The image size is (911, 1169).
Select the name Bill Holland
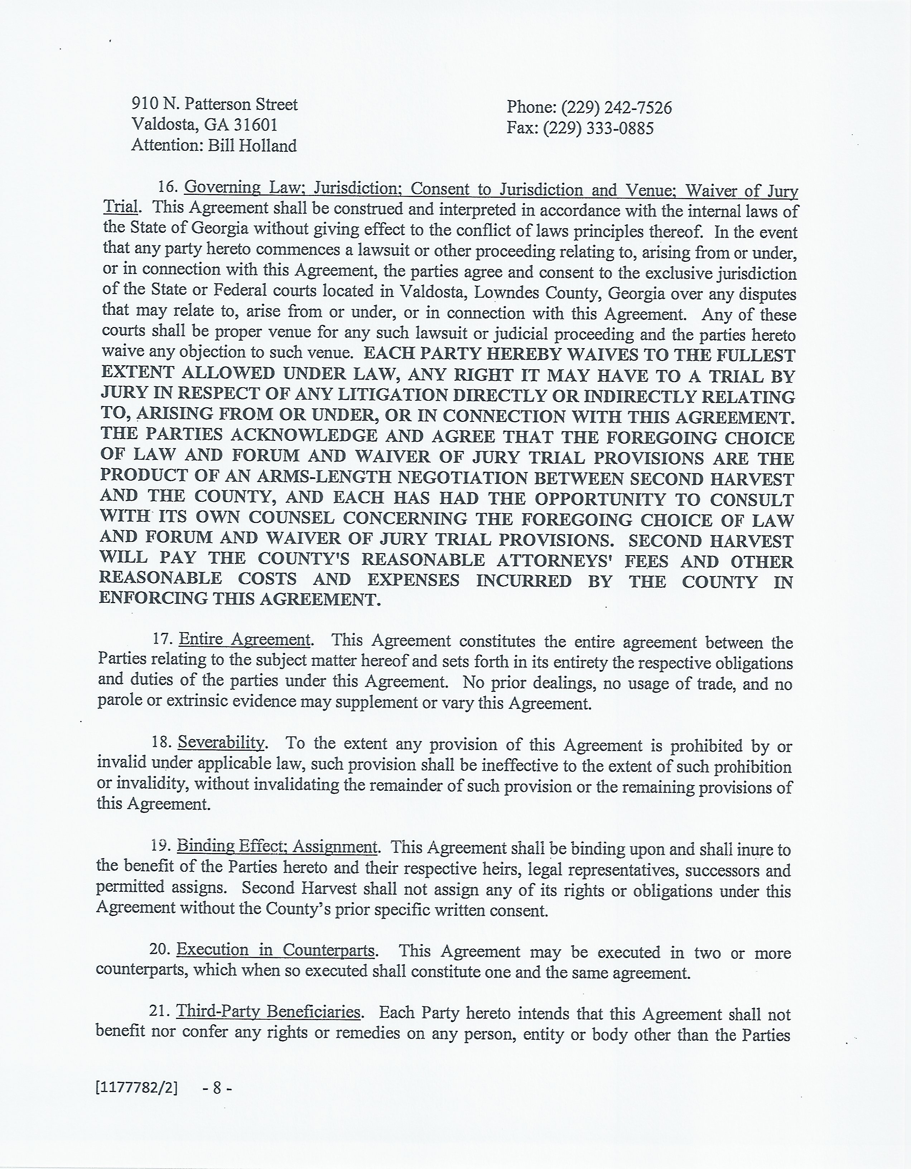pos(252,146)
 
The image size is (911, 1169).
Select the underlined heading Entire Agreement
pos(245,640)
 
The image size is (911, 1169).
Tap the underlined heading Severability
pos(221,742)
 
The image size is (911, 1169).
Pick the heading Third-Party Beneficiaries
pos(268,1012)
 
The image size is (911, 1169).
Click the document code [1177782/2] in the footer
pos(136,1103)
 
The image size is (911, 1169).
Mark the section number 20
pos(159,949)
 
